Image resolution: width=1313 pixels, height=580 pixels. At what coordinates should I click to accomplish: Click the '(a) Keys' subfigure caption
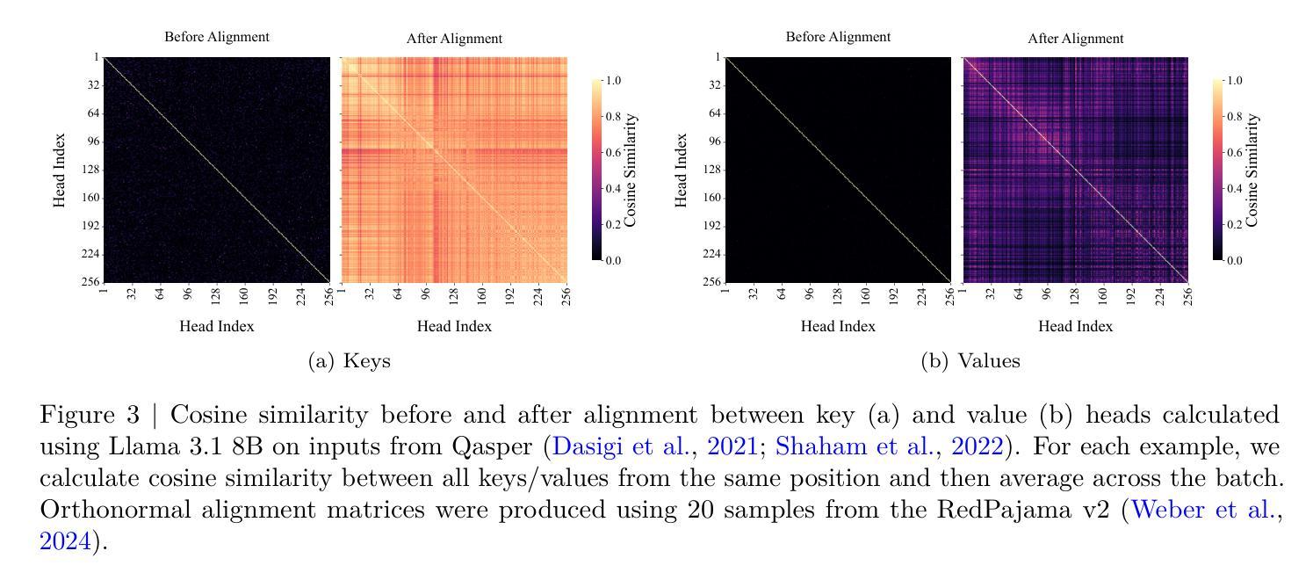tap(350, 361)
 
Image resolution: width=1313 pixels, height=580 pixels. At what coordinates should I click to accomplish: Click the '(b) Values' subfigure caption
tap(970, 361)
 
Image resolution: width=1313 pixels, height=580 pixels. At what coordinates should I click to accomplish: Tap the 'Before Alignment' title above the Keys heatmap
tap(217, 37)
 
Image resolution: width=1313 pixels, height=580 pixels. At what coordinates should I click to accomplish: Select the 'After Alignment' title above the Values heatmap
tap(1075, 39)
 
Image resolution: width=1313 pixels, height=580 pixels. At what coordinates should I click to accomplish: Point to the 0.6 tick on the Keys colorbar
tap(612, 153)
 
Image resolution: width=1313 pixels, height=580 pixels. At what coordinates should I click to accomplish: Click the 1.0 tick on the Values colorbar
tap(1234, 81)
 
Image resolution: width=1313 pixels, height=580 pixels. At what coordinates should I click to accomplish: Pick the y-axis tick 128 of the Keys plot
tap(90, 170)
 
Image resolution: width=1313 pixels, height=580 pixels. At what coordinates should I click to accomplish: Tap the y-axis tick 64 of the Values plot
tap(711, 113)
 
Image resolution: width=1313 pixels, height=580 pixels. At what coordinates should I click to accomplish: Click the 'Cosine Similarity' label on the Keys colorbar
tap(631, 170)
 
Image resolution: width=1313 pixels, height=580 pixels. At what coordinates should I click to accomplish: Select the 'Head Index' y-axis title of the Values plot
tap(681, 170)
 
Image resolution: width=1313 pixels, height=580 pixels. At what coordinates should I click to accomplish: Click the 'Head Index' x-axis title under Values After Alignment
tap(1075, 327)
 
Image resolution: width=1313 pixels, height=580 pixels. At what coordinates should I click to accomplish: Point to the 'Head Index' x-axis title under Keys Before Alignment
tap(217, 327)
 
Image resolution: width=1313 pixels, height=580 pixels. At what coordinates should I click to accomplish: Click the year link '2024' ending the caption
tap(66, 541)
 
